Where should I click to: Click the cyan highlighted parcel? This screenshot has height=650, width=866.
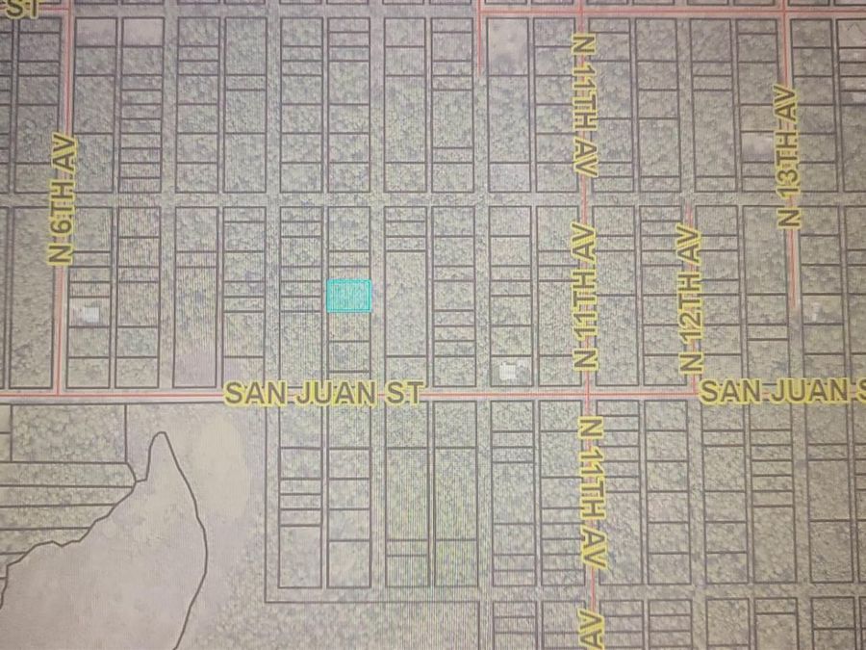(348, 296)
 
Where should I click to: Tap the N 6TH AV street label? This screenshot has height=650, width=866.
(63, 199)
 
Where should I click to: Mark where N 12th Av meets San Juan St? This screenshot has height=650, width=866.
(693, 393)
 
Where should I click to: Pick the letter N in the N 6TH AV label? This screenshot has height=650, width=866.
(63, 253)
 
